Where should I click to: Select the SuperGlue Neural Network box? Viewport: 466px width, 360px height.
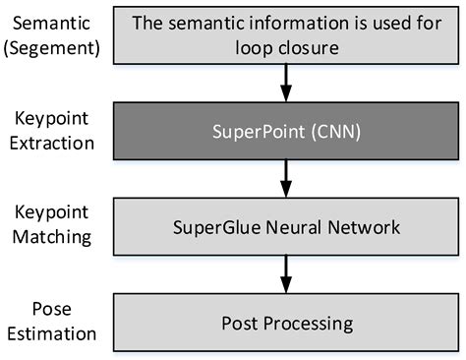(x=284, y=227)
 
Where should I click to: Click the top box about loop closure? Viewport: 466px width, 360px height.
(x=284, y=34)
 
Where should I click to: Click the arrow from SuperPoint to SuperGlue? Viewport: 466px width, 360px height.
(x=285, y=179)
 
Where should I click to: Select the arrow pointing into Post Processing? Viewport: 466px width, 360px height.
(x=285, y=273)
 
